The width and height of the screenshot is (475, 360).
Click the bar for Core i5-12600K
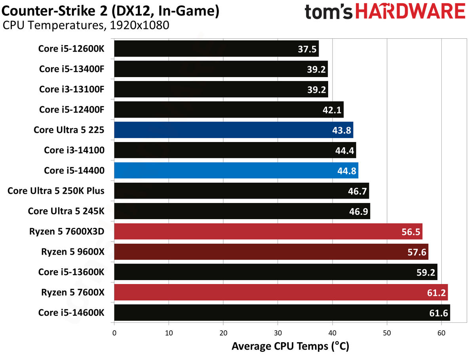217,49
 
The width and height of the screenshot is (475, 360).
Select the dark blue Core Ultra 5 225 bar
234,130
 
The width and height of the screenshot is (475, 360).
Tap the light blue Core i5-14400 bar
236,171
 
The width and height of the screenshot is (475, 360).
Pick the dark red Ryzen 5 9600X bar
271,252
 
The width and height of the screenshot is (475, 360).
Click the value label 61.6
439,313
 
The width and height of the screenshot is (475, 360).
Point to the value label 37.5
307,49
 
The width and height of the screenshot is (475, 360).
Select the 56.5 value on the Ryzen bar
411,232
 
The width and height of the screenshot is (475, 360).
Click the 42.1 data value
332,110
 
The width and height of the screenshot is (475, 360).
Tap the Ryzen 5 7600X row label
73,292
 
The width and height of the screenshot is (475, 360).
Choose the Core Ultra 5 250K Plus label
56,191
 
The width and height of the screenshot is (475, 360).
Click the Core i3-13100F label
72,89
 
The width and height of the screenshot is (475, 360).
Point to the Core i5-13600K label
71,272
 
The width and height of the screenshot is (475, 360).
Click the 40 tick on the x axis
332,333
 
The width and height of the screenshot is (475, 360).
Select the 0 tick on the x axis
114,333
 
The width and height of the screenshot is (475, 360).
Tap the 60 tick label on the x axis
441,333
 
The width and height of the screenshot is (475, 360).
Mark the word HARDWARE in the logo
410,11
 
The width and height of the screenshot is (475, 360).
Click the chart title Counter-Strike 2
54,11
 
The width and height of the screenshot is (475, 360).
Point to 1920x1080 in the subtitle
140,25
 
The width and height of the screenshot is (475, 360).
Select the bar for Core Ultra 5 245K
242,211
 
